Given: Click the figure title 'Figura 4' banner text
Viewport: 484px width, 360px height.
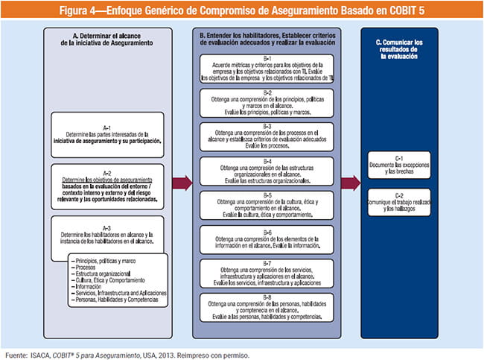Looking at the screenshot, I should (241, 9).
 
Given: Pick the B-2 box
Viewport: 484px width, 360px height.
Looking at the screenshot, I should (267, 103).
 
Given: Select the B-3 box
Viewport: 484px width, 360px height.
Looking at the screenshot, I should (267, 137).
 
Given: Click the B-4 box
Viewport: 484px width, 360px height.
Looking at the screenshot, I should (267, 171).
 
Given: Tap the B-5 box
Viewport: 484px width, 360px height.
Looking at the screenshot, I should (267, 204).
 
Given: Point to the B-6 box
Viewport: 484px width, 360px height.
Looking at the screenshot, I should (267, 238).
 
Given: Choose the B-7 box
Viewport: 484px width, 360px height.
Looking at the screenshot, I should (267, 273).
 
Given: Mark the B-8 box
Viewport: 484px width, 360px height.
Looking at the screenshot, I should (267, 306).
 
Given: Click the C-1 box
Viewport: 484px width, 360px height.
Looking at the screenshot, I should (398, 165).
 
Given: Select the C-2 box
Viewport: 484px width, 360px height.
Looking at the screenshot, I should (398, 203).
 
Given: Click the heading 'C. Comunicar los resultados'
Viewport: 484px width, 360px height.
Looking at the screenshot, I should (398, 47).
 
